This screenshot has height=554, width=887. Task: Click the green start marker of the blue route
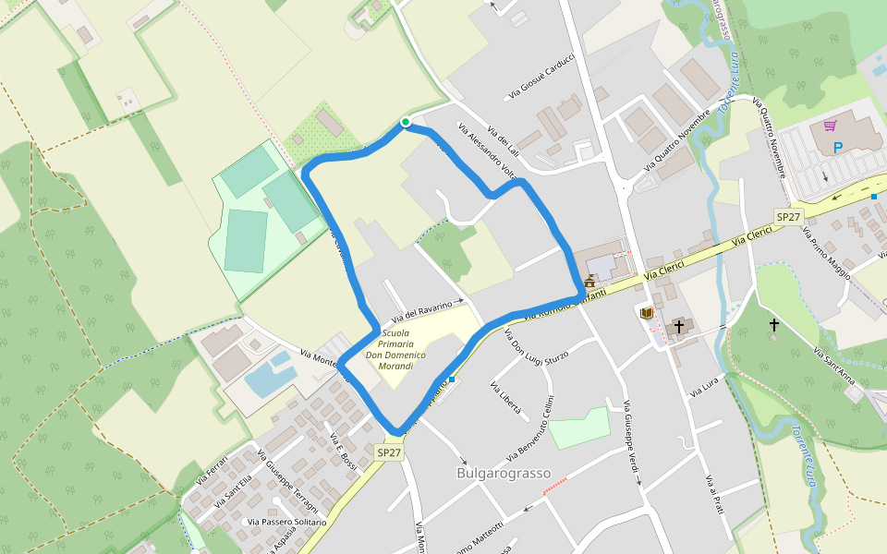405,122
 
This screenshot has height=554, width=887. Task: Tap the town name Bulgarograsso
504,474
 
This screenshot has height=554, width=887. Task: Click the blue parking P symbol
838,147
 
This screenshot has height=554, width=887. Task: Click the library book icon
647,314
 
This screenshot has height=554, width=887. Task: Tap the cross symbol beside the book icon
679,326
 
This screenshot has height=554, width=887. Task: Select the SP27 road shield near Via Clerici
788,215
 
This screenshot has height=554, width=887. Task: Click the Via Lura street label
703,389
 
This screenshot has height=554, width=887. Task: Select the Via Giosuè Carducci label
541,77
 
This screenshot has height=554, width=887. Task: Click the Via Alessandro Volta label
486,151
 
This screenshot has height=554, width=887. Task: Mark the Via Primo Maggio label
830,254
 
